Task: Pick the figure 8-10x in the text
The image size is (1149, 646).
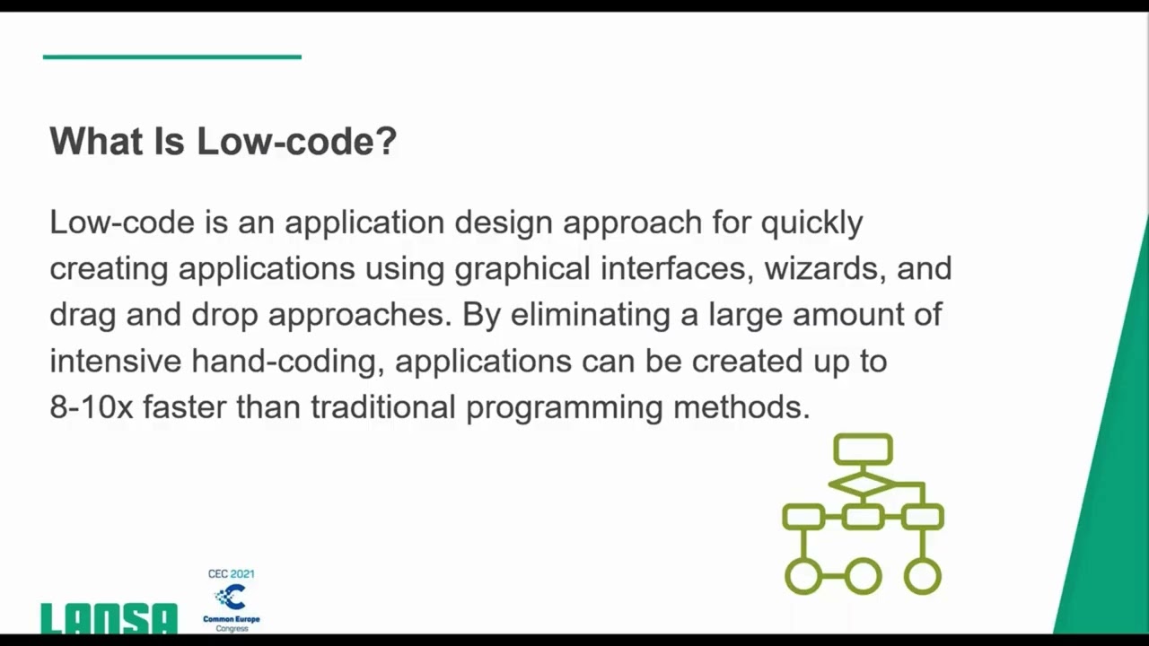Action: click(91, 407)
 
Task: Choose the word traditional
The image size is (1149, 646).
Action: click(383, 407)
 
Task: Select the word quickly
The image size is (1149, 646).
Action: click(811, 223)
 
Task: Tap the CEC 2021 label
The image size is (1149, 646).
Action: click(231, 574)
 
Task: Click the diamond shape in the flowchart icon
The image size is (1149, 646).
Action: click(863, 484)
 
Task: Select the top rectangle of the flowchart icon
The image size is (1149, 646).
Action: click(863, 449)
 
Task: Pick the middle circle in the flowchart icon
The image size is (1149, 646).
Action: click(863, 576)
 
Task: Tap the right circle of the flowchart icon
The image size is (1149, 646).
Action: click(922, 576)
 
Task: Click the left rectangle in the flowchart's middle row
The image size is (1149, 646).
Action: click(803, 517)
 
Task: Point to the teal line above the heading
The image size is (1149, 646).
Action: click(171, 57)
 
